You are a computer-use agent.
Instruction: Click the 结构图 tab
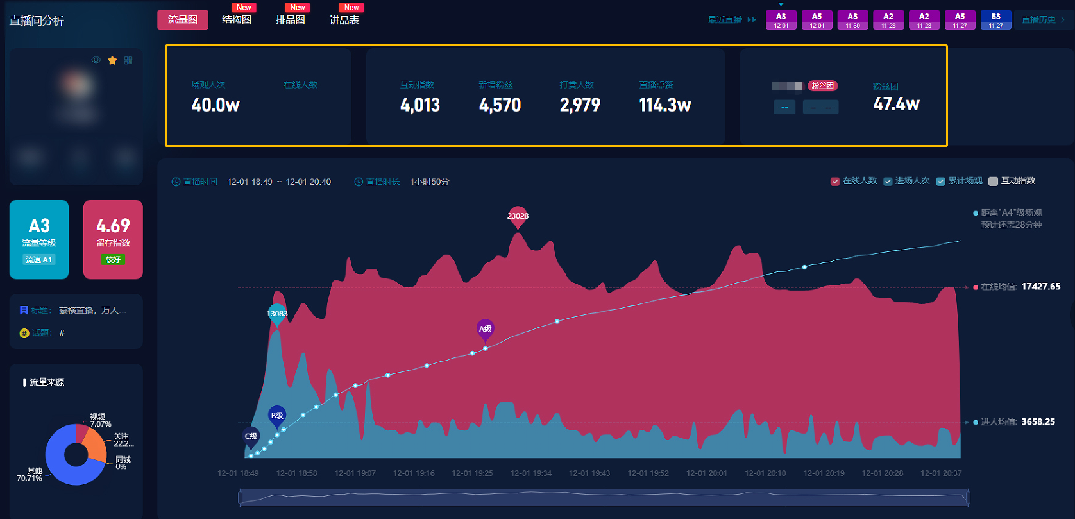[x=237, y=20]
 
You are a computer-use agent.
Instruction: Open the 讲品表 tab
[x=344, y=20]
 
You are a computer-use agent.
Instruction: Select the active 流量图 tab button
[x=183, y=20]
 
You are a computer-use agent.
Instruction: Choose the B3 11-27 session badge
[x=995, y=20]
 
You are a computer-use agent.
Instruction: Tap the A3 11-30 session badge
[x=852, y=20]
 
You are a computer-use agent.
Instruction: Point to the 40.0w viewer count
[x=216, y=105]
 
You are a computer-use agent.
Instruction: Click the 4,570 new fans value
[x=500, y=105]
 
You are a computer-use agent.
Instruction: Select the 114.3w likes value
[x=665, y=105]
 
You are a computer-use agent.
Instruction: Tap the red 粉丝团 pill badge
[x=822, y=86]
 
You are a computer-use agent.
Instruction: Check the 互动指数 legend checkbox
[x=994, y=182]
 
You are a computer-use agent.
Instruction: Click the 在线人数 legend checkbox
[x=835, y=182]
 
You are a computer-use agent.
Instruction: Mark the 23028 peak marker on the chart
[x=518, y=217]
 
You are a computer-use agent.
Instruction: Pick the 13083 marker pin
[x=277, y=314]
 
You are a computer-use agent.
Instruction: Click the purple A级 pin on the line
[x=486, y=330]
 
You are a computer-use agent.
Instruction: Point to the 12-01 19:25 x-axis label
[x=472, y=473]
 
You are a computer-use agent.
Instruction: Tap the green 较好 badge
[x=113, y=260]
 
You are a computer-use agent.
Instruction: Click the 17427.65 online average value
[x=1040, y=287]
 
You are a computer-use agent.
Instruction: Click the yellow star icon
[x=112, y=60]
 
